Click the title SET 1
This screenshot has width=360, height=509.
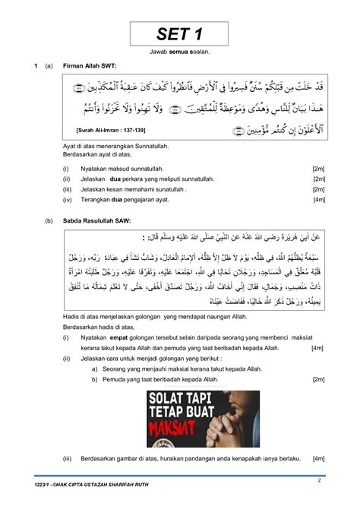180,33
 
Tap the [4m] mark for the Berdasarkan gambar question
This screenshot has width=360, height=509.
318,460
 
